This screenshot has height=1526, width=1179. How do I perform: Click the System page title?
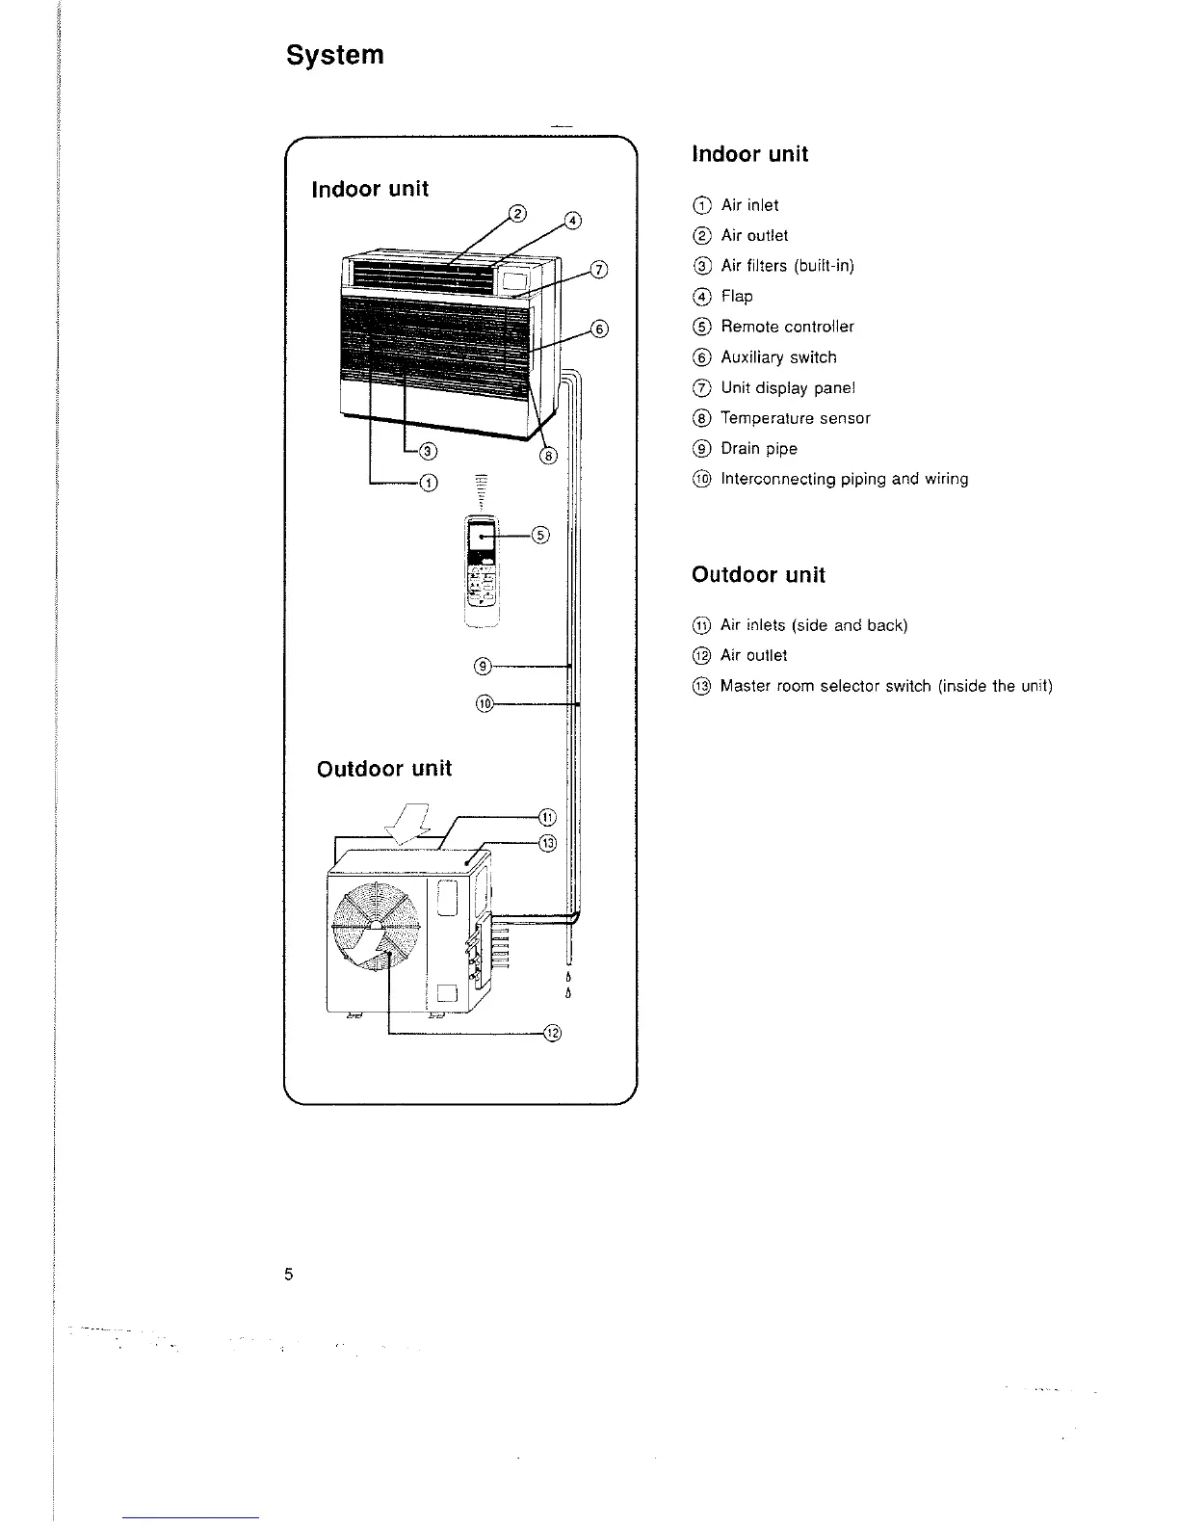pos(335,55)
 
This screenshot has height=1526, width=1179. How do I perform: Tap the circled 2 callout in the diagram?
pos(516,214)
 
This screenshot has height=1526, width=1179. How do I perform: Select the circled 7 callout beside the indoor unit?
pos(598,269)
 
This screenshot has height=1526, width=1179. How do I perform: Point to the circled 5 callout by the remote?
pos(539,535)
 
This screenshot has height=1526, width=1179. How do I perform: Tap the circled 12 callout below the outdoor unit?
pos(552,1034)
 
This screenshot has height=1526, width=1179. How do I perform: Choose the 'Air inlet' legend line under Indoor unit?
pos(749,205)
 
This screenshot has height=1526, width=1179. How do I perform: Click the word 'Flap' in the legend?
pos(737,296)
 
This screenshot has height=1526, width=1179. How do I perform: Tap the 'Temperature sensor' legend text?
pos(795,418)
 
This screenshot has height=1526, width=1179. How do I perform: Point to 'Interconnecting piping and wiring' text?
pos(844,479)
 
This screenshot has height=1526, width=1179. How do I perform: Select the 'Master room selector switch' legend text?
pos(885,686)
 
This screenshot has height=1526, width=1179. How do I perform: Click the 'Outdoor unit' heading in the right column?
pos(758,575)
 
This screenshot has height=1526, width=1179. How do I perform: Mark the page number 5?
pos(289,1275)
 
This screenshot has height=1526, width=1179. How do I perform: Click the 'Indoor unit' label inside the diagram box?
pos(370,189)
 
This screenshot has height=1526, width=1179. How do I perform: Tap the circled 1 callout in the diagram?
pos(428,483)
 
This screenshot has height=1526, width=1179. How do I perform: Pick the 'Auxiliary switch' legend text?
pos(778,357)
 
